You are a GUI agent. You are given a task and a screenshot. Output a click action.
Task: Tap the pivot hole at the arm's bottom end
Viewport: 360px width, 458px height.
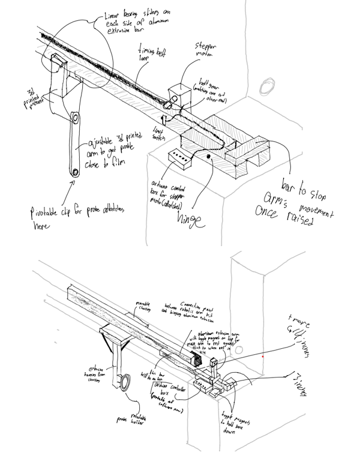click(x=76, y=173)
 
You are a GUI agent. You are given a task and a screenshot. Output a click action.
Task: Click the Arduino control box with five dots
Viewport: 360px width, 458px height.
click(x=178, y=157)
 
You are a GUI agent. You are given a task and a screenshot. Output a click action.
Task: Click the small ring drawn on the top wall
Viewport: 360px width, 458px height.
click(x=265, y=88)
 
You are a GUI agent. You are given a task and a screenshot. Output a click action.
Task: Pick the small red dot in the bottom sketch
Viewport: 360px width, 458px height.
click(x=263, y=356)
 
